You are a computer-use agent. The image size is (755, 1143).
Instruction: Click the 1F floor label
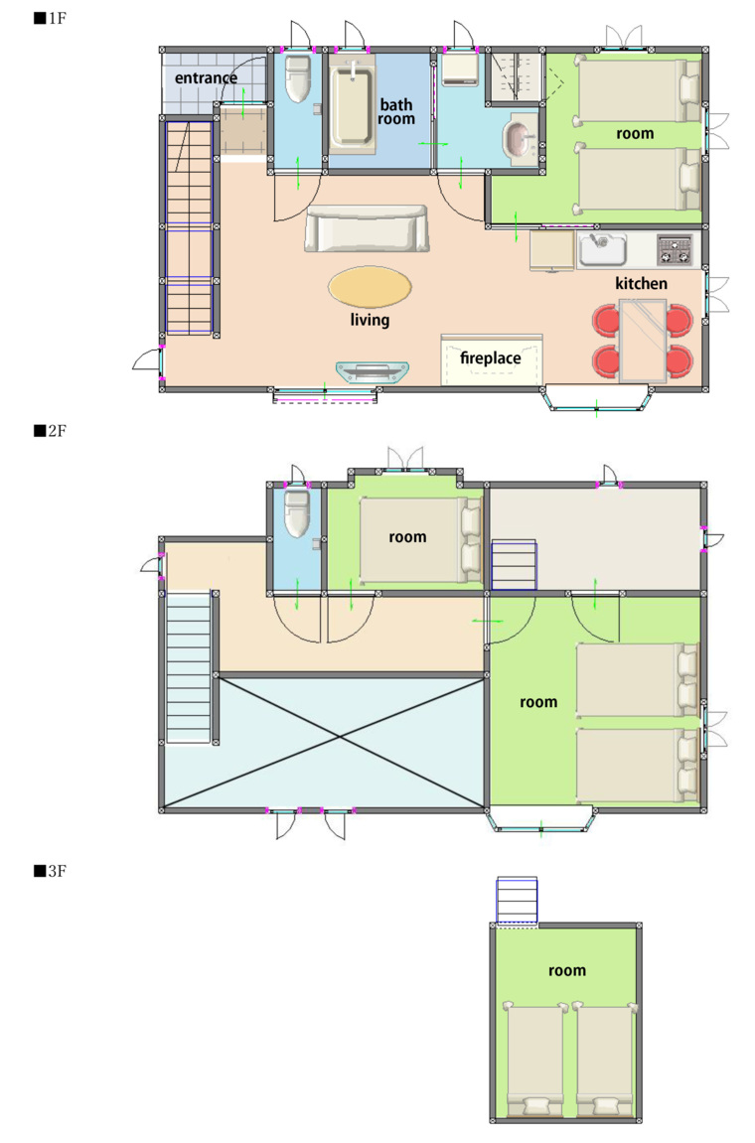pos(51,18)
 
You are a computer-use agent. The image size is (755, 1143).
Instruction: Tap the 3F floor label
pos(51,871)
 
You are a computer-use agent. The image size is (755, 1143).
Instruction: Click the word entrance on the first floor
pos(206,78)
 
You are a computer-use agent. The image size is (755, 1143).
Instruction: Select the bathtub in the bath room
pos(353,105)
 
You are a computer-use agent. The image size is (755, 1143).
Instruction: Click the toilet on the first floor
pos(298,78)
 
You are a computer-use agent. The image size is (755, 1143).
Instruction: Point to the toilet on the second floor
pos(297,514)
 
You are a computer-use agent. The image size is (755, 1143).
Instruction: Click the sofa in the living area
pos(367,228)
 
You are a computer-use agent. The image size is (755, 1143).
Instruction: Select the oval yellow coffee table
pos(370,286)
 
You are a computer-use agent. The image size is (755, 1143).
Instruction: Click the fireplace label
pos(490,357)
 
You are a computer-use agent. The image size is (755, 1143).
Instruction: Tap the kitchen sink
pos(603,249)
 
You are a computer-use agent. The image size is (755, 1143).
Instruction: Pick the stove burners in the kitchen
pos(675,249)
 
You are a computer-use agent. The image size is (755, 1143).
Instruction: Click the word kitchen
pos(641,284)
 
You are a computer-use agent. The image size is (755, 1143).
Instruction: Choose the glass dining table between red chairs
pos(643,342)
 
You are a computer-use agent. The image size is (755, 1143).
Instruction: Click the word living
pos(370,320)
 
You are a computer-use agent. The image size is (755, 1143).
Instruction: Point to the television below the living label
pos(372,371)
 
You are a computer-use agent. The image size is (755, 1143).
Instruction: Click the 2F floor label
pos(51,431)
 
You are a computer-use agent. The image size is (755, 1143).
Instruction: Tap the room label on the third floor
pos(567,970)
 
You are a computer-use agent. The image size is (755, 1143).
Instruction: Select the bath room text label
pos(396,111)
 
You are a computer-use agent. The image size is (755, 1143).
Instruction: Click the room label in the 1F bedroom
pos(635,133)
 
